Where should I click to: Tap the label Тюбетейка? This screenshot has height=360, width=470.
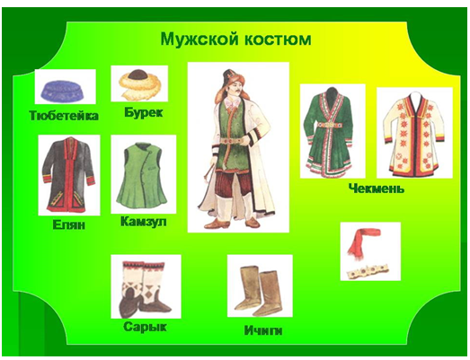coord(64,116)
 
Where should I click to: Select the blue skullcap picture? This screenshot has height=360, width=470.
coord(64,90)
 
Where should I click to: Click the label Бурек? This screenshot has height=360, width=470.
coord(143,113)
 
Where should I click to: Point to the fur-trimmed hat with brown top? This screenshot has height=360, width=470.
coord(140,83)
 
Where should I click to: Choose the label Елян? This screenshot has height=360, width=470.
coord(69,225)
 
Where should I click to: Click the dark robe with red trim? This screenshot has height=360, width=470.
coord(69,174)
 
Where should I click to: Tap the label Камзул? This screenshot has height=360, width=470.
coord(143,222)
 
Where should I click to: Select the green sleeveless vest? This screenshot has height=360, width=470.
coord(143,174)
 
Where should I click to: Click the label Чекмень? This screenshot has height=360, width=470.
coord(377,189)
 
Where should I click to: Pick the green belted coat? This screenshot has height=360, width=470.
coord(331,132)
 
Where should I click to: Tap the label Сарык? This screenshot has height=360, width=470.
coord(145,327)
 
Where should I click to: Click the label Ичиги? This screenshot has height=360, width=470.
coord(263,330)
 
